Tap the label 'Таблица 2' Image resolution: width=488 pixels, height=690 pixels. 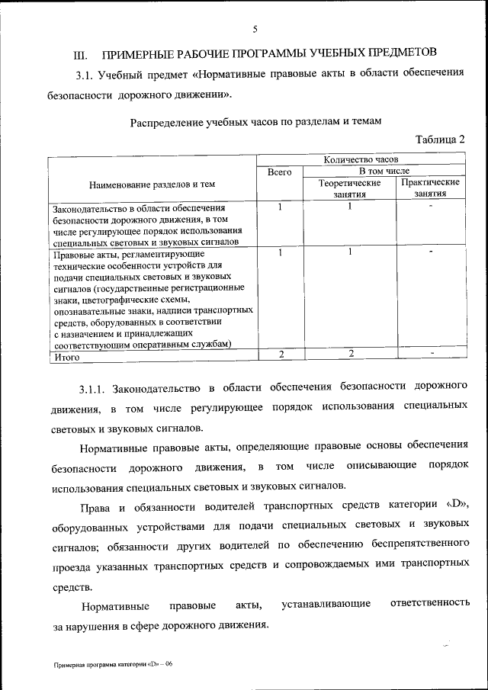pyautogui.click(x=439, y=140)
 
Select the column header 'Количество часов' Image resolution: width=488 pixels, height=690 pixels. pyautogui.click(x=361, y=160)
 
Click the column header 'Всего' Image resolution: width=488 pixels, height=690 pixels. pyautogui.click(x=280, y=173)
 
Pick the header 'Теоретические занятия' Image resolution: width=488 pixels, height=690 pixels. pyautogui.click(x=349, y=188)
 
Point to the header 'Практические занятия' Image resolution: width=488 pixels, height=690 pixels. pyautogui.click(x=429, y=188)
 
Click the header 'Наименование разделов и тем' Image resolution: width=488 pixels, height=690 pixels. pyautogui.click(x=152, y=184)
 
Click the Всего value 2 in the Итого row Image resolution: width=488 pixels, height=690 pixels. pyautogui.click(x=281, y=354)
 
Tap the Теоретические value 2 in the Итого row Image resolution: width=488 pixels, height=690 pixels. pyautogui.click(x=351, y=354)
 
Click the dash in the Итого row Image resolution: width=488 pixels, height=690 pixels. pyautogui.click(x=432, y=354)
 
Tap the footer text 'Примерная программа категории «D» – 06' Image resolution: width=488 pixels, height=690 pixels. pyautogui.click(x=113, y=664)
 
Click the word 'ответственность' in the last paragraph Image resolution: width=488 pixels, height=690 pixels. pyautogui.click(x=429, y=604)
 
